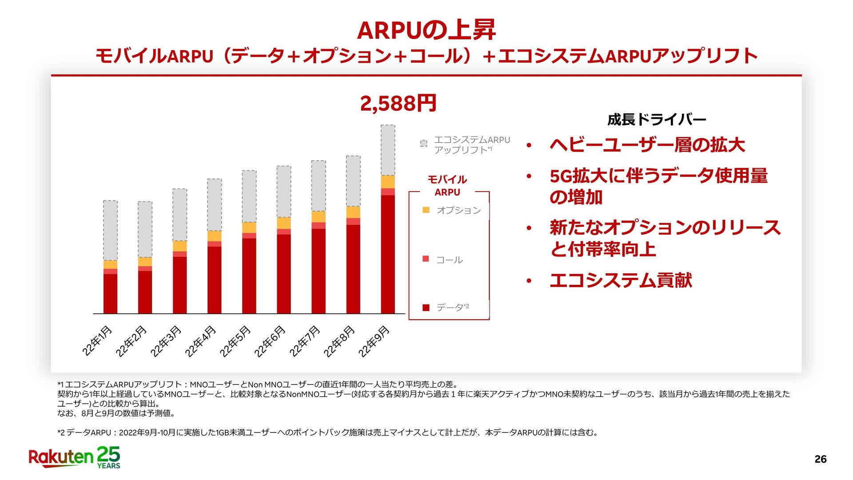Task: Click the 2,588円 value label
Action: [398, 104]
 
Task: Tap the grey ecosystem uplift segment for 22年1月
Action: [110, 230]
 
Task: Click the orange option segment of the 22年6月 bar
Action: [284, 223]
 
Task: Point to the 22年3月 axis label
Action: [166, 341]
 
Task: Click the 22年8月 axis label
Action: [339, 341]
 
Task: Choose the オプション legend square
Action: [426, 210]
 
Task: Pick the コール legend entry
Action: [449, 260]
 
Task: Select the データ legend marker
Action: [426, 308]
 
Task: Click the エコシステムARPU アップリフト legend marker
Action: [424, 143]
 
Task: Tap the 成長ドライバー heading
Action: [656, 120]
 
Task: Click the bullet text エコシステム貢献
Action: [621, 280]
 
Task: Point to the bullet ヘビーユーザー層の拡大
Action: [647, 145]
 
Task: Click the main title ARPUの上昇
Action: [426, 30]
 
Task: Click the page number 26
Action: [820, 460]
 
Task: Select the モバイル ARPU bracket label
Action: [447, 186]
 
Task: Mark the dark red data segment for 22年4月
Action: [214, 280]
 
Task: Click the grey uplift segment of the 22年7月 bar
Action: [319, 186]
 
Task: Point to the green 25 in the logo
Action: [109, 454]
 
